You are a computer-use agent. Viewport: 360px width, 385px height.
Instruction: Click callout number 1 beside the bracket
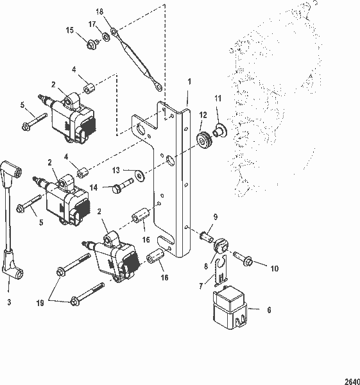click(189, 83)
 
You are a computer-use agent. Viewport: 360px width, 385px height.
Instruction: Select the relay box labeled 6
click(230, 307)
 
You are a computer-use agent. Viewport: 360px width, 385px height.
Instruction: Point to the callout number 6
click(268, 310)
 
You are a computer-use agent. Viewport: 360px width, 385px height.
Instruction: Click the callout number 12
click(203, 116)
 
